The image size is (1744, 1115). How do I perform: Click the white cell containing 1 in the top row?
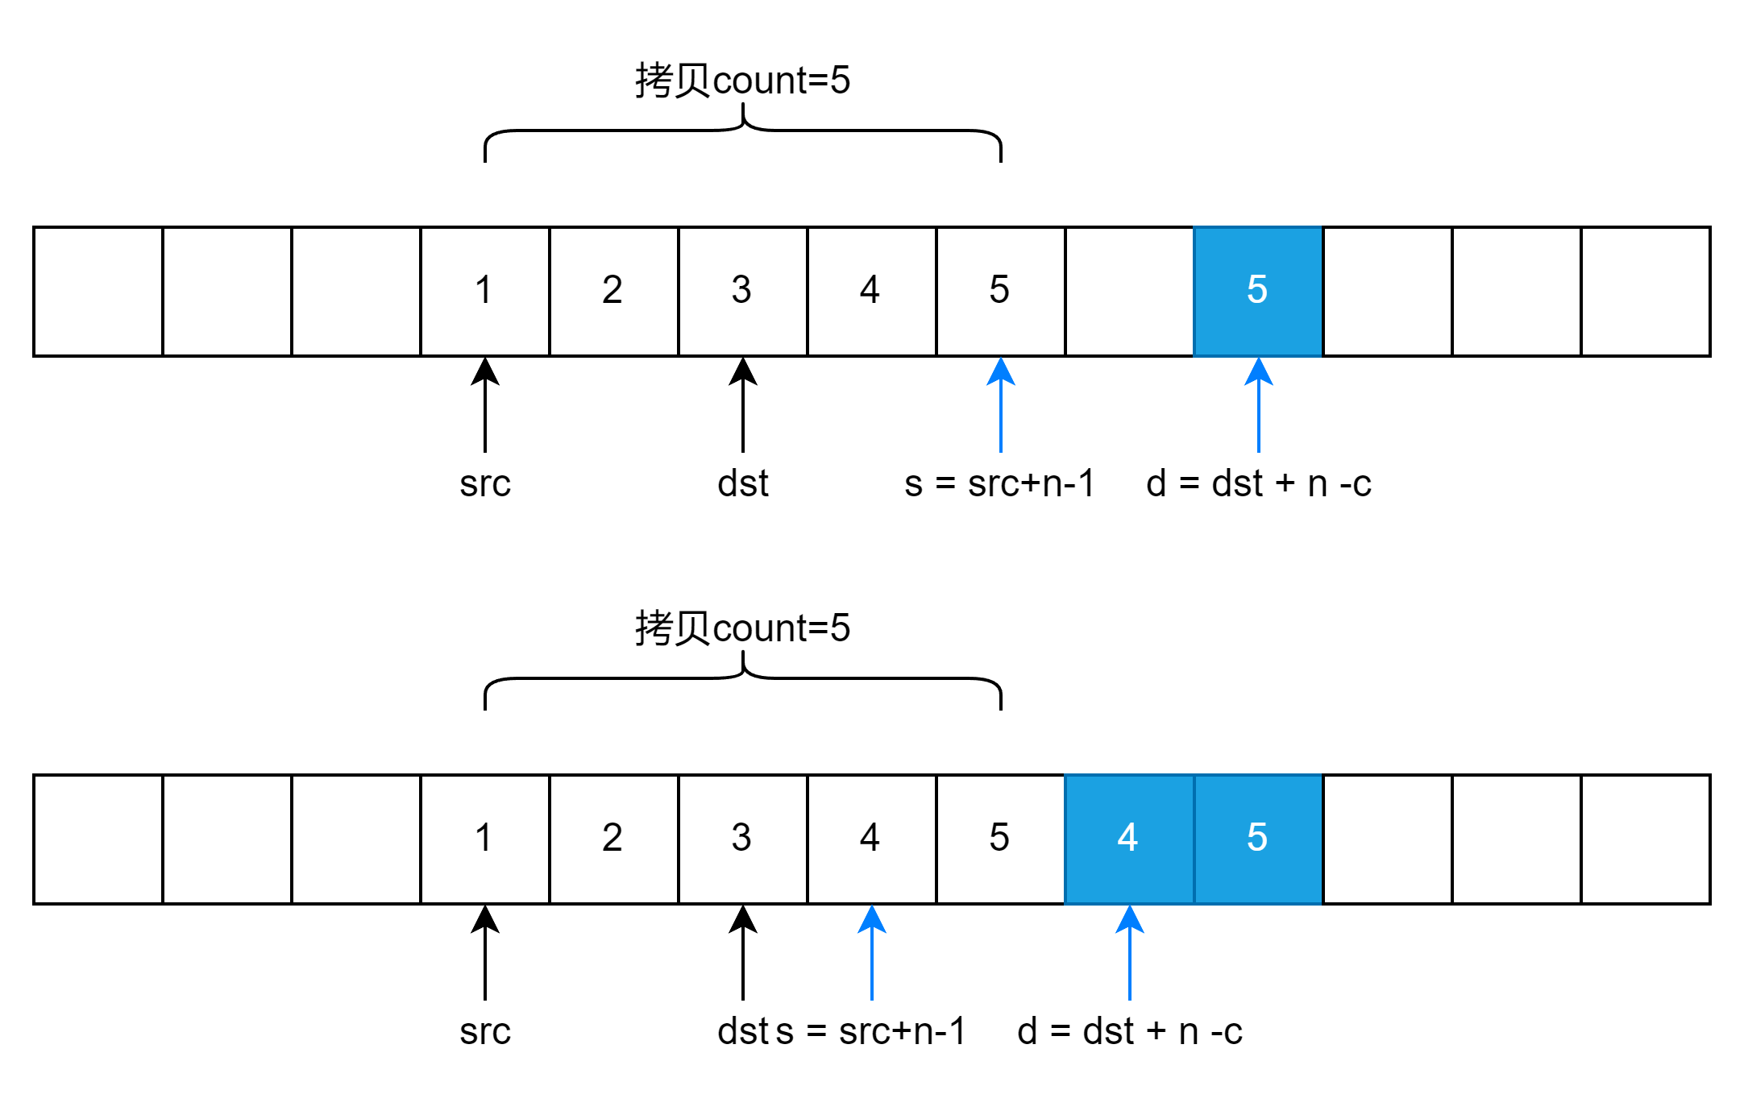tap(484, 291)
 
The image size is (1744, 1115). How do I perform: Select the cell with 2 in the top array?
tap(613, 291)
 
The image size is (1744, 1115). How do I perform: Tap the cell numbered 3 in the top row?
tap(742, 291)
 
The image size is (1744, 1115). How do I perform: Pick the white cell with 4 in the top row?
tap(871, 291)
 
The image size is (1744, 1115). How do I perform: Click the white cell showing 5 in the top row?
tap(1000, 291)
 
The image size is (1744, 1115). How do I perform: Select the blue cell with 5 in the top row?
tap(1257, 291)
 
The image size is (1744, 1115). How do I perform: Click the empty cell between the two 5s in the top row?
tap(1129, 291)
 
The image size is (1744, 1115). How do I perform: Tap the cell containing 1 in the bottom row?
tap(484, 839)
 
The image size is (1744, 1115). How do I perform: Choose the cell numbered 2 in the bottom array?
tap(613, 839)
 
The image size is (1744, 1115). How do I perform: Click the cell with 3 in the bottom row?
tap(742, 839)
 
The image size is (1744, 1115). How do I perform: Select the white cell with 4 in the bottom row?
tap(871, 839)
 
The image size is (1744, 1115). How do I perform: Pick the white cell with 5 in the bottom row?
tap(1000, 839)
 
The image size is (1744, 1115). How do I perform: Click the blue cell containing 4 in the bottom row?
tap(1129, 839)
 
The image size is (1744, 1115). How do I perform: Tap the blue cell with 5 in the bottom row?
tap(1258, 839)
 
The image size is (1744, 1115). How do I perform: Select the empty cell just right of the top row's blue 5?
tap(1387, 291)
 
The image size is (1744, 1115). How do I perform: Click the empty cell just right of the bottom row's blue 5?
tap(1387, 839)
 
